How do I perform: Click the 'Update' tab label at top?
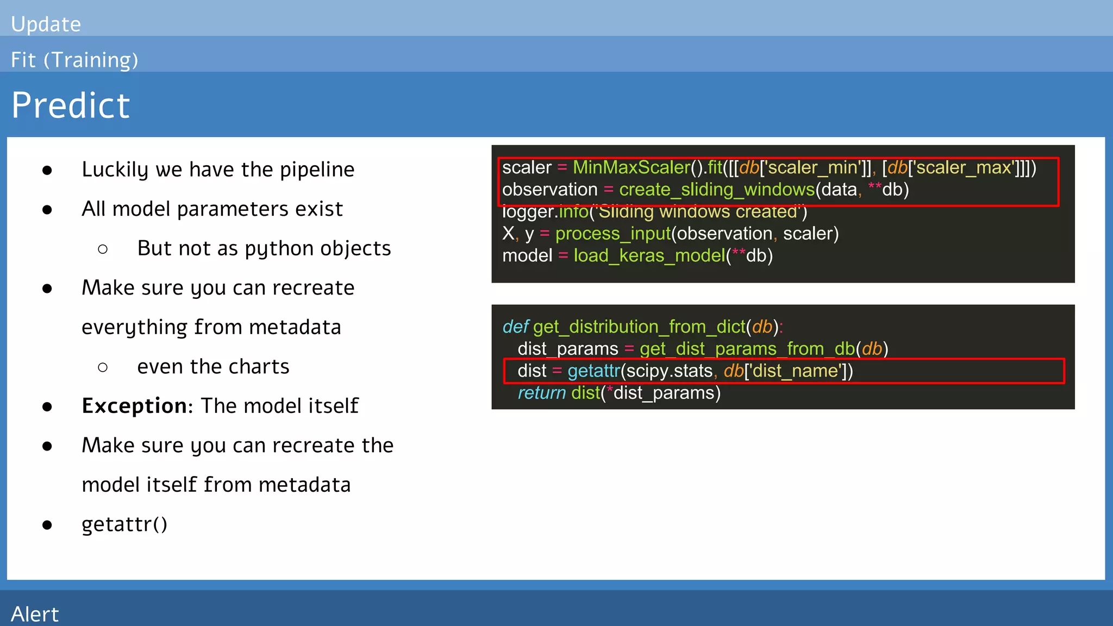click(46, 24)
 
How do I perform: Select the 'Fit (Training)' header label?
click(74, 60)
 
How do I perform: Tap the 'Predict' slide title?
click(71, 105)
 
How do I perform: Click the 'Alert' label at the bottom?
click(34, 614)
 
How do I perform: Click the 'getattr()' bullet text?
click(124, 524)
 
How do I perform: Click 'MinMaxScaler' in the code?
click(631, 167)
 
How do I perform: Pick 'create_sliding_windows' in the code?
click(716, 190)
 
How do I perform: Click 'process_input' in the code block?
click(613, 234)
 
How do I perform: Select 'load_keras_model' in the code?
click(649, 255)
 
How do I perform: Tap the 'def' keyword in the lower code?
click(515, 327)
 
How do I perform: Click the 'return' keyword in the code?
click(541, 393)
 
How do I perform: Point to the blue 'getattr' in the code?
click(593, 371)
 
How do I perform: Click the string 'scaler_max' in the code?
click(964, 167)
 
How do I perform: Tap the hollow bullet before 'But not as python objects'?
click(103, 249)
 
